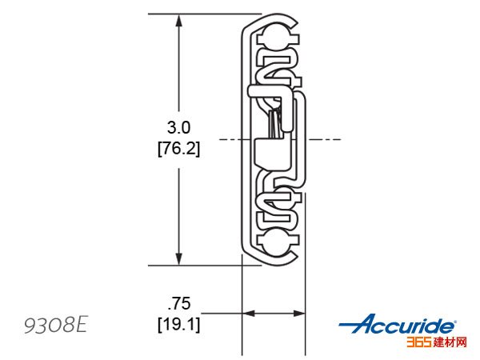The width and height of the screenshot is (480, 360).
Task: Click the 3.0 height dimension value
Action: tap(178, 127)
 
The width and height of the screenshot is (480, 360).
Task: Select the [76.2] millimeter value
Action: tap(178, 149)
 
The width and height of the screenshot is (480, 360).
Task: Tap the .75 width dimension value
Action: tap(179, 303)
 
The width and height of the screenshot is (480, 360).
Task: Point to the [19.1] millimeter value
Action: tap(179, 324)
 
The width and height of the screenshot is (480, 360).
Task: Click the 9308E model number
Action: tap(56, 325)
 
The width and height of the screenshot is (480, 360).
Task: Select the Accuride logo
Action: tap(398, 323)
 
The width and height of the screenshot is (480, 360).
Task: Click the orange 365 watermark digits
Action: tap(418, 342)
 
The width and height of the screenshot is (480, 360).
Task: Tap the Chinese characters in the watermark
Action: tap(450, 342)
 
